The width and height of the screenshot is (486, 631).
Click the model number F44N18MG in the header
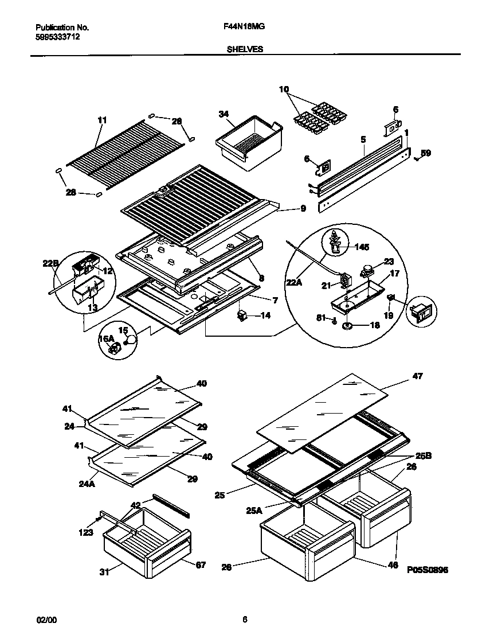pos(243,27)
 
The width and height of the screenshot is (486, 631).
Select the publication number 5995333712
pos(57,37)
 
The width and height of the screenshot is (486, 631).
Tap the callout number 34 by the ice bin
pos(223,114)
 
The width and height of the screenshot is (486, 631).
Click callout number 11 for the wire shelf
pos(102,120)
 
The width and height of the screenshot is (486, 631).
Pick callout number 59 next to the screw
pos(425,153)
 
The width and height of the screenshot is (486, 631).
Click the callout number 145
pos(362,247)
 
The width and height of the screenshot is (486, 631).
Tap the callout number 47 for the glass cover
pos(418,376)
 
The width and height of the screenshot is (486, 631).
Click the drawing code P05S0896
pos(428,570)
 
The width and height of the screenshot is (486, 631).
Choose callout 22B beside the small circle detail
pos(51,263)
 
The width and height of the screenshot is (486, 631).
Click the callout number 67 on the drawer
pos(201,565)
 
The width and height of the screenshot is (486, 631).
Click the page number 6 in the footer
pos(245,619)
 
